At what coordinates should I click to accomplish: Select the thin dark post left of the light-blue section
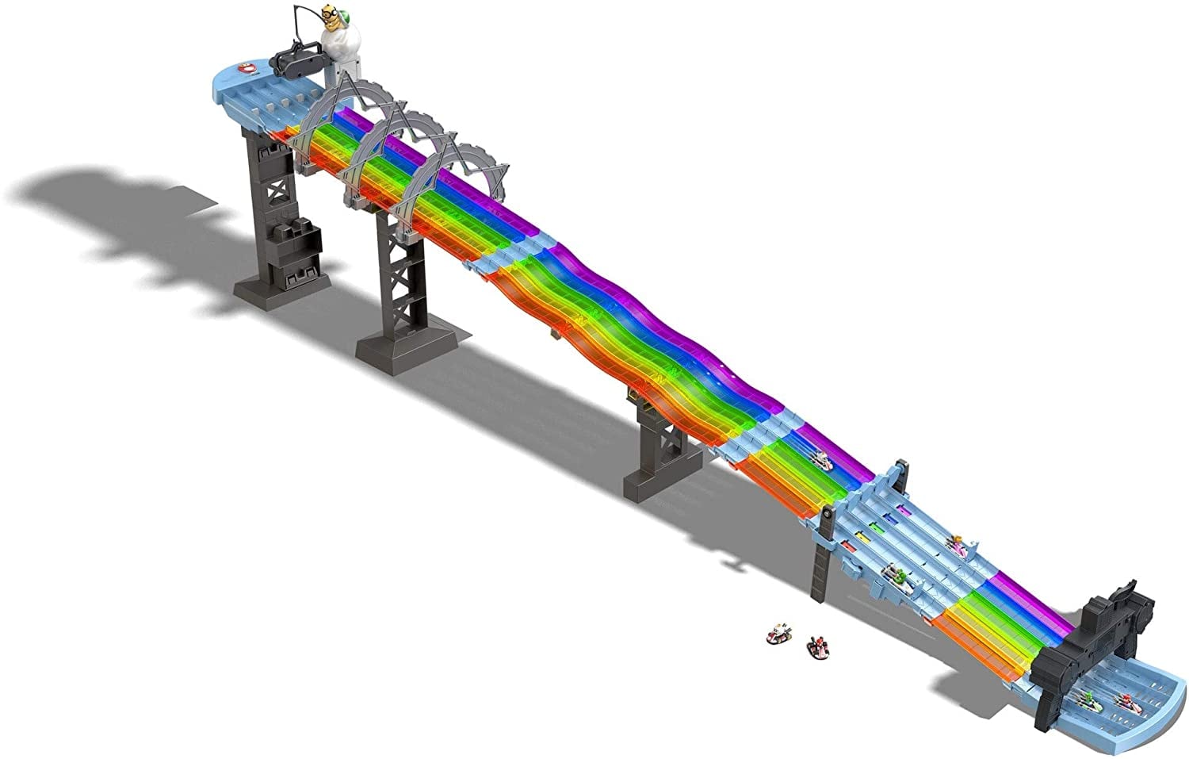coord(824,547)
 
